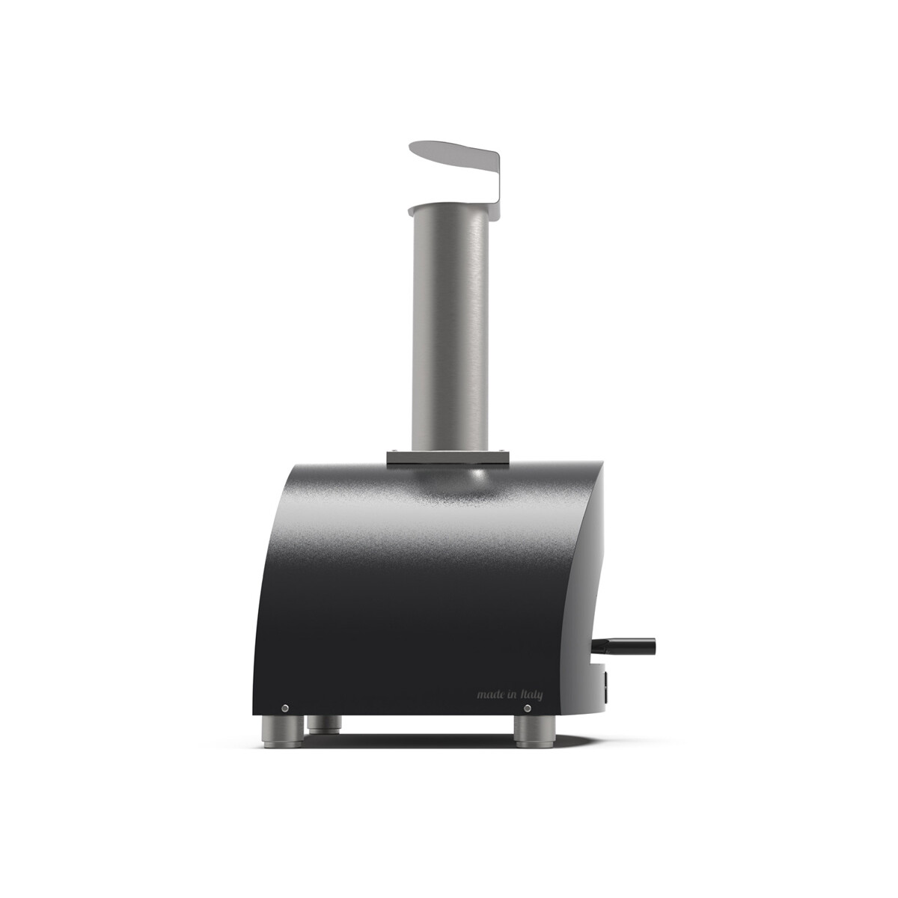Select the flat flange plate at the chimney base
(448, 458)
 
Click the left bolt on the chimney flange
(394, 450)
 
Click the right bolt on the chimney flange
(501, 450)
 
